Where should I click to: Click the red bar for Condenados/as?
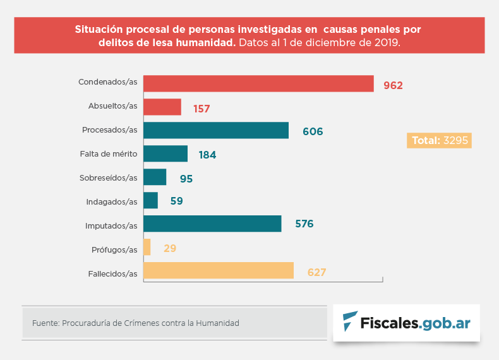click(259, 84)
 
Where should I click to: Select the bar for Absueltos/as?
click(162, 107)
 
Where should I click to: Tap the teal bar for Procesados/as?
click(216, 131)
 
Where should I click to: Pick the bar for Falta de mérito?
click(165, 154)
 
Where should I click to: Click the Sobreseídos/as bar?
click(155, 177)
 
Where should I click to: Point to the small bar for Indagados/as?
click(151, 201)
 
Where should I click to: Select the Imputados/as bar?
click(212, 224)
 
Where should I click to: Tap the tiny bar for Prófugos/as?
click(147, 248)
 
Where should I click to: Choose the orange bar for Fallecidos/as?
click(219, 271)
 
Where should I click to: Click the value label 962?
click(393, 85)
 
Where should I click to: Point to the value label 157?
click(201, 109)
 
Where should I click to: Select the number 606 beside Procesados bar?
click(312, 132)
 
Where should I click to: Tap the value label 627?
click(316, 272)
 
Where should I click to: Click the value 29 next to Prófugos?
click(169, 249)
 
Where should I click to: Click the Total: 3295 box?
click(440, 141)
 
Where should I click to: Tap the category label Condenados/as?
click(107, 82)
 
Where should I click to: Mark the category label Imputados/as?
click(111, 225)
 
